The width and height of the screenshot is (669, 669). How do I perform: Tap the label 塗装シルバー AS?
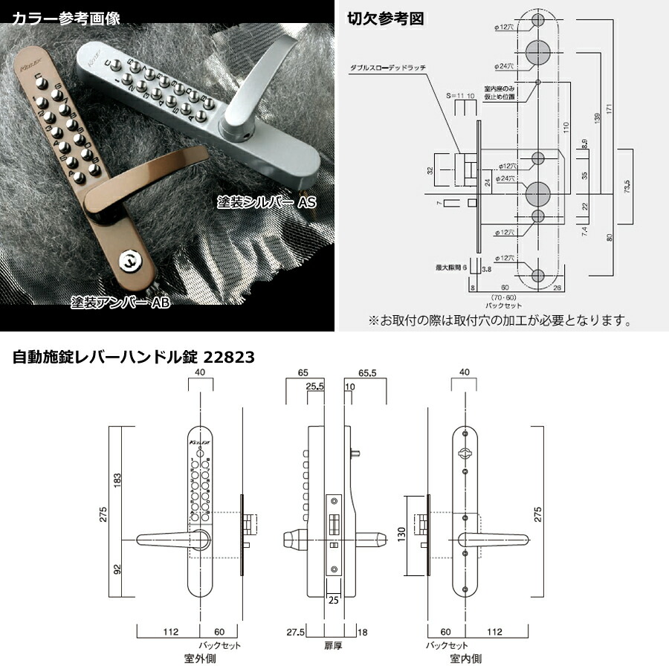(265, 201)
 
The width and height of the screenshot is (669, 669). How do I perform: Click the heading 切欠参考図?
(387, 19)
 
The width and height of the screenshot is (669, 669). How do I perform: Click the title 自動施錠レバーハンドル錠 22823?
(134, 358)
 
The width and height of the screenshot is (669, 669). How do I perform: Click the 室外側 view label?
(200, 658)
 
